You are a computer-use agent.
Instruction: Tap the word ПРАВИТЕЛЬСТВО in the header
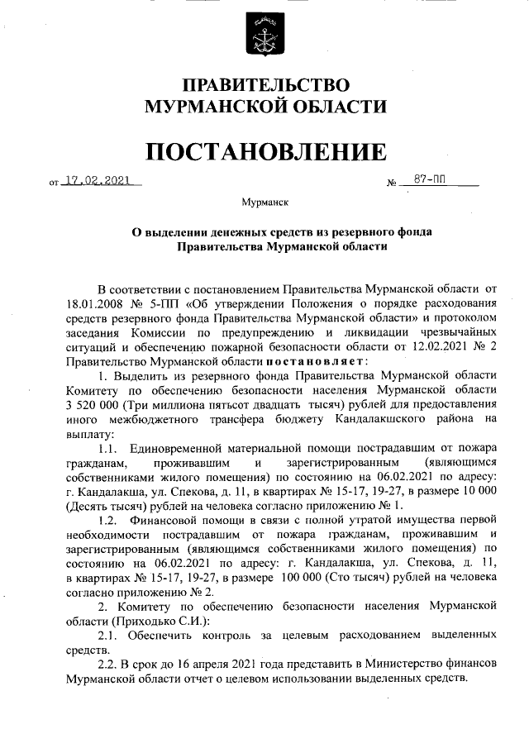(265, 85)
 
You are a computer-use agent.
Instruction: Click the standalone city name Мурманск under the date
(265, 202)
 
